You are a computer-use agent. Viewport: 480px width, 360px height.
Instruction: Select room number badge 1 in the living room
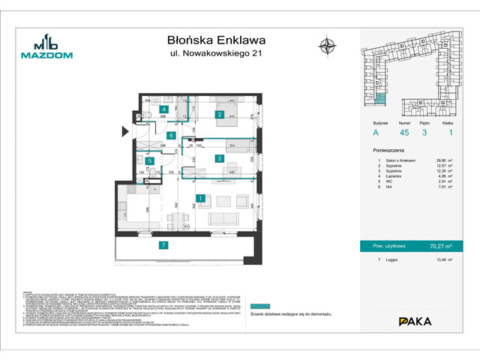[201, 198]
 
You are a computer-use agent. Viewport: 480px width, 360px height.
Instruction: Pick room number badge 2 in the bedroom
[219, 115]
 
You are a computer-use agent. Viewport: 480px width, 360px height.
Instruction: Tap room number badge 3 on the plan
[219, 158]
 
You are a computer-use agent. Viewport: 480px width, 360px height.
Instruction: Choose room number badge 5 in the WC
[150, 160]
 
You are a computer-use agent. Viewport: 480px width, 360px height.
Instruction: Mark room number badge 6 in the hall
[172, 135]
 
